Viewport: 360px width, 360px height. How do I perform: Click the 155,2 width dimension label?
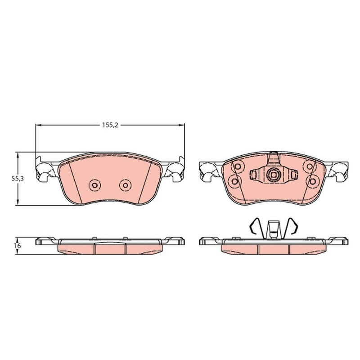(x=110, y=125)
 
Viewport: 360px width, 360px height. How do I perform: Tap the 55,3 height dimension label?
(x=18, y=179)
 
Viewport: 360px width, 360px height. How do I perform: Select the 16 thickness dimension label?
(x=18, y=246)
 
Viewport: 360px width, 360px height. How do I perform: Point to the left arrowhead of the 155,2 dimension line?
(x=38, y=125)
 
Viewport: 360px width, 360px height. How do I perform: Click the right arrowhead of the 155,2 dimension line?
(x=182, y=125)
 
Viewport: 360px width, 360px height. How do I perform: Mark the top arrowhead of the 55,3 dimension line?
(x=18, y=154)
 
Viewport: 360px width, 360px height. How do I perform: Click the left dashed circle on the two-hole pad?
(x=94, y=185)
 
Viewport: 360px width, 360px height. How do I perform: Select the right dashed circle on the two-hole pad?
(x=125, y=185)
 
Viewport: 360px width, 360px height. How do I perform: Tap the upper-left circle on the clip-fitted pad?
(x=238, y=166)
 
